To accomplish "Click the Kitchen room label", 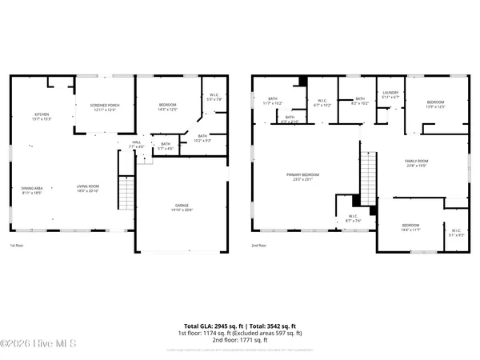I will [x=42, y=116].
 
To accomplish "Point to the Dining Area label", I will [x=33, y=190].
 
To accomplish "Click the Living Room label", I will [x=86, y=190].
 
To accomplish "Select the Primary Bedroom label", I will [x=303, y=177].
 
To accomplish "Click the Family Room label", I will [x=417, y=164].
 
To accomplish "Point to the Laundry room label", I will [x=390, y=94].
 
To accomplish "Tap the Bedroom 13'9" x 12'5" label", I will [x=435, y=104].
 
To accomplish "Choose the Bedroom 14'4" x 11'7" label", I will [x=410, y=227].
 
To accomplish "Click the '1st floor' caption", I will [x=16, y=246].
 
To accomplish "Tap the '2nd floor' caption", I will [x=258, y=246].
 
